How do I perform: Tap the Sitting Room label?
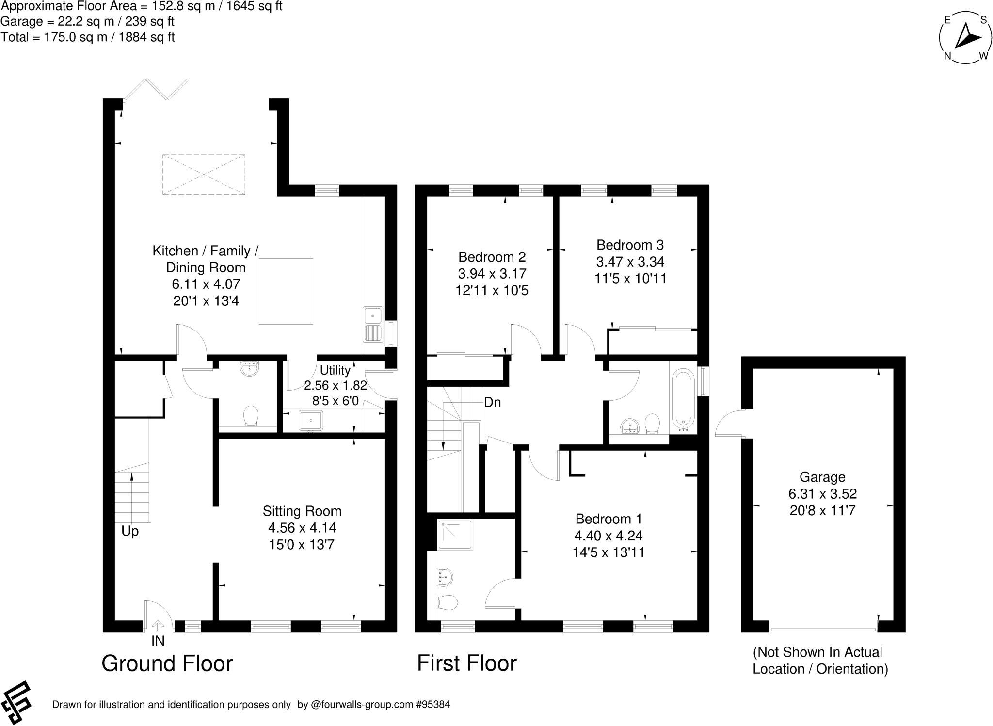tap(302, 511)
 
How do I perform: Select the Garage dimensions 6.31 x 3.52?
tap(822, 494)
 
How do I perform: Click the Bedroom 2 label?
tap(492, 257)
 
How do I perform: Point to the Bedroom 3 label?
tap(630, 245)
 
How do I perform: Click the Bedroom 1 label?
tap(608, 519)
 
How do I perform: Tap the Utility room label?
tap(335, 370)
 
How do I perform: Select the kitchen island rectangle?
tap(286, 291)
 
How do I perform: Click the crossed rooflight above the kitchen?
tap(203, 174)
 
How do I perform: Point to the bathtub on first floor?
tap(683, 400)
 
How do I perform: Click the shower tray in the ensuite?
tap(455, 535)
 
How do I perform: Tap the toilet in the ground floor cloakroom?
tap(251, 415)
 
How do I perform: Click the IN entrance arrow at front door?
tap(158, 626)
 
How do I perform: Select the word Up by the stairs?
tap(130, 532)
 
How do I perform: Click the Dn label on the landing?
tap(492, 402)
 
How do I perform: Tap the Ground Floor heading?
tap(167, 663)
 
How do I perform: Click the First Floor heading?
tap(466, 663)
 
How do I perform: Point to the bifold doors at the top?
tap(156, 90)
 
